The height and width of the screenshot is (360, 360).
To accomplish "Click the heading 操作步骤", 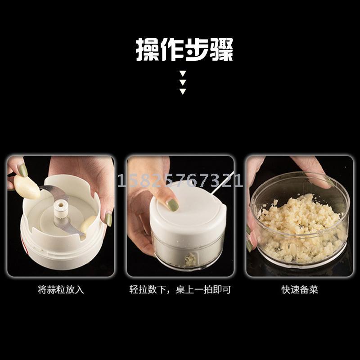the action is point(184,49).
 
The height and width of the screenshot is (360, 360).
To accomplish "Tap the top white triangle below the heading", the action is point(183,73).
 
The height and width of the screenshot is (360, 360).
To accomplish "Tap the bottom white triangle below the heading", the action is point(183,91).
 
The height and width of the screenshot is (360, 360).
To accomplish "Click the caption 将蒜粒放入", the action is point(61,289).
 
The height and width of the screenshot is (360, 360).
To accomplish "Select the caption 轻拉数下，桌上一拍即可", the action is point(180,289).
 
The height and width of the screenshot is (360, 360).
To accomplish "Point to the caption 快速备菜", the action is point(300,289).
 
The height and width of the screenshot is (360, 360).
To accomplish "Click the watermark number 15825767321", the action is point(180,180).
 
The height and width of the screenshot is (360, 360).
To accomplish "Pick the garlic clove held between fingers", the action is point(27,187).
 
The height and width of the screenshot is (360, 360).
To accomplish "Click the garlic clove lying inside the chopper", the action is point(88,225).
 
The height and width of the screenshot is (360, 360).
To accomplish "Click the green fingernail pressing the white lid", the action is point(173,205).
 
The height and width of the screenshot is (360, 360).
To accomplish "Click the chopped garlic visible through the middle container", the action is point(190,259).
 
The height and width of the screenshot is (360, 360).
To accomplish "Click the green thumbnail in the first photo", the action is point(23,170).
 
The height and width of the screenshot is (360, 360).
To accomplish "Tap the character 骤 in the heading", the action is point(221,49).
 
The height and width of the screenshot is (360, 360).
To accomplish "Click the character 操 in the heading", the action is point(148,49).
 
